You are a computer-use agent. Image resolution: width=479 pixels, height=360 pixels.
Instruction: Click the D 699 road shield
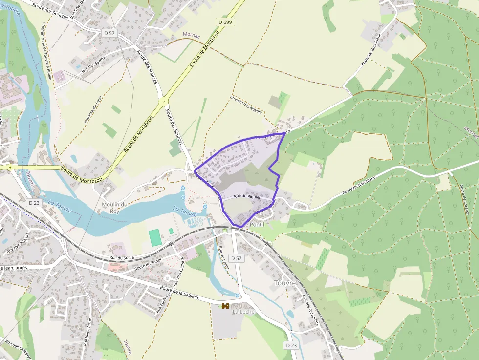coord(225,22)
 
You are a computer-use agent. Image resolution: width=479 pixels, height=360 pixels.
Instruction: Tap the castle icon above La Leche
coord(225,306)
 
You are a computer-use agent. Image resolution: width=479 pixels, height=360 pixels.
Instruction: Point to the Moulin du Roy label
coord(114,208)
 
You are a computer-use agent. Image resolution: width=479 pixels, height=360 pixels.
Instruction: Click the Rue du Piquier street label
coord(247,196)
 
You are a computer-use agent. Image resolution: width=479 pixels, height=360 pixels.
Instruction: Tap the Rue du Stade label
coord(121,257)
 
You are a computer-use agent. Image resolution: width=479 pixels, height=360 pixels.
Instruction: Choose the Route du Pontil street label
coord(148,265)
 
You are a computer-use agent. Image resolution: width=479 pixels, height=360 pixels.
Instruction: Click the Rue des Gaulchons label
coord(310,310)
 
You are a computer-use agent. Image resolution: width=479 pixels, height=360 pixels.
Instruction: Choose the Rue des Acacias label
coord(18,243)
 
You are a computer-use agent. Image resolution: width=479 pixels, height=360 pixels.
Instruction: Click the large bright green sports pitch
coord(155,237)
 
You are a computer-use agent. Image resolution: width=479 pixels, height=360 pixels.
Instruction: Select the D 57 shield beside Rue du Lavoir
coord(236,258)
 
